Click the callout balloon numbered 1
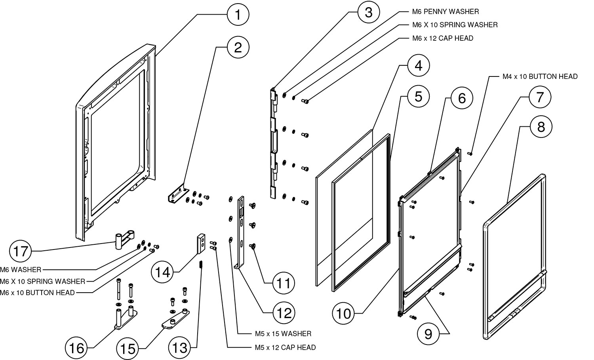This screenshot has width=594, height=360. click(238, 15)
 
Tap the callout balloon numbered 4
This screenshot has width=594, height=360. click(418, 66)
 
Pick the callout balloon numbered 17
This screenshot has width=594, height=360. click(20, 250)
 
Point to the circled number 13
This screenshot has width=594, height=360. click(180, 348)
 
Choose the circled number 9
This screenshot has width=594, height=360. click(428, 334)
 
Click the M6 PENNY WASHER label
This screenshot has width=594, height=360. click(445, 11)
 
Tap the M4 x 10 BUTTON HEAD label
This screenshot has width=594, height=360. click(540, 76)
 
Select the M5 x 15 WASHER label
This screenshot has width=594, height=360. click(283, 333)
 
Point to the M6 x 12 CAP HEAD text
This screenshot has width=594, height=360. click(442, 38)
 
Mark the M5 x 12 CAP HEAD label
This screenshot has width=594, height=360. click(285, 347)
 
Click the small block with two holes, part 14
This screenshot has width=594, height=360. click(200, 244)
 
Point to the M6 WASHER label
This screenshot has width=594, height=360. click(21, 270)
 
